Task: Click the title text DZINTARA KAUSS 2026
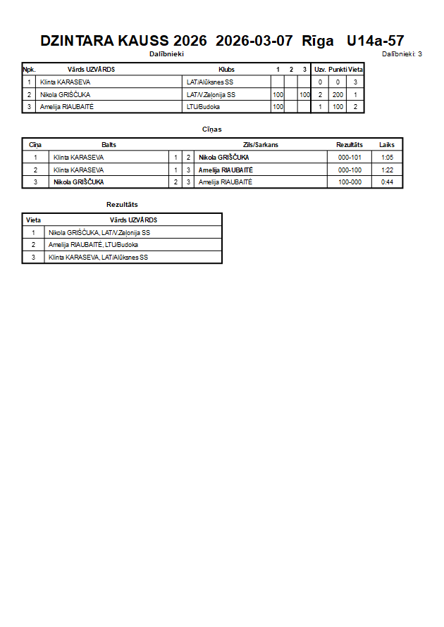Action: tap(123, 41)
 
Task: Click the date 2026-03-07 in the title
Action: tap(254, 41)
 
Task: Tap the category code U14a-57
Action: tap(376, 41)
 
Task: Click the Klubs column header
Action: tap(226, 70)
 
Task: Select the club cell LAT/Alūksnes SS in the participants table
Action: tap(210, 82)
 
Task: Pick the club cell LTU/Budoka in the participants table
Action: tap(203, 107)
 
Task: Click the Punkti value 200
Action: tap(338, 94)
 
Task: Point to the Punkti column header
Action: tap(338, 70)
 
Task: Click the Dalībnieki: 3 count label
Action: tap(402, 53)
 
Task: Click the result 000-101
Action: tap(350, 158)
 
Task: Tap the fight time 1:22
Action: tap(387, 170)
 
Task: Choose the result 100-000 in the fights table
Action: tap(350, 182)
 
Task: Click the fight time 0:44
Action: tap(387, 182)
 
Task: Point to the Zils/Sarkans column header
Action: tap(260, 144)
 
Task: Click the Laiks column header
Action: tap(387, 144)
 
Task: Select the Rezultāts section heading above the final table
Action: tap(122, 204)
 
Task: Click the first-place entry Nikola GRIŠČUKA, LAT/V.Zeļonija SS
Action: tap(99, 232)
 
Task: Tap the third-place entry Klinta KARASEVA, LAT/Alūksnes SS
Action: tap(98, 258)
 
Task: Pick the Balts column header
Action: tap(109, 144)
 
